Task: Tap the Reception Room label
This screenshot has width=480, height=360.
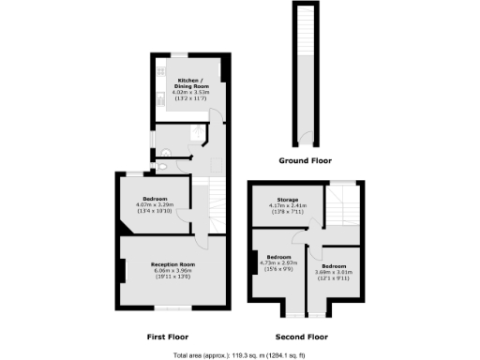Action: click(172, 264)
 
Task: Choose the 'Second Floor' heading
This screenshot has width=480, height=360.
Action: click(301, 335)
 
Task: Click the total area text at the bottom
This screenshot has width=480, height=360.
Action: click(239, 354)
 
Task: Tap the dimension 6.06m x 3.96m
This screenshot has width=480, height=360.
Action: click(172, 271)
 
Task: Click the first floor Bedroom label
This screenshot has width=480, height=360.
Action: click(155, 199)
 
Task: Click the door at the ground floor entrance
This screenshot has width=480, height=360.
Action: click(304, 141)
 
